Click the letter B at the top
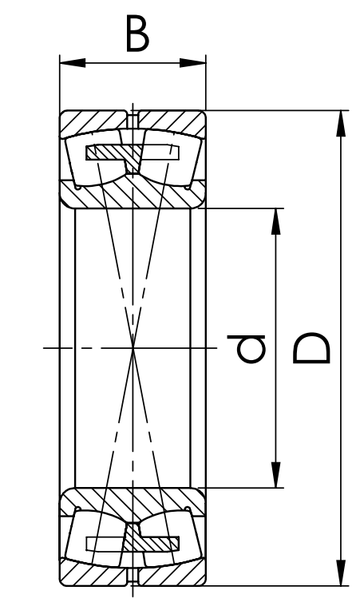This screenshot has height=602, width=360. pos(137,34)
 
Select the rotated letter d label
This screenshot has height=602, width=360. pos(246,349)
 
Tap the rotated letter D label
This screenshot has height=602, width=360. pos(311,348)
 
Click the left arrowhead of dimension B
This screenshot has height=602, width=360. pos(73,62)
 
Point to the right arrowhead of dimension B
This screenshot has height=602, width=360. pos(193,62)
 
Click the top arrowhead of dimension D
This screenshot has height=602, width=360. pos(340,123)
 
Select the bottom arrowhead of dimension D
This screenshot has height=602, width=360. pos(340,572)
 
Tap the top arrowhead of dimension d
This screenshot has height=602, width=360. pos(276,221)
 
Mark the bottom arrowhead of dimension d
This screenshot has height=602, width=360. pos(276,475)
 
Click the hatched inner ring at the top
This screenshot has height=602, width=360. pos(133,193)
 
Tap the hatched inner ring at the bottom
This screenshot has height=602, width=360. pos(133,503)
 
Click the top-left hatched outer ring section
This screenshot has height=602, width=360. pos(91,121)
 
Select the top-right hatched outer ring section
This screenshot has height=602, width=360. pos(173,121)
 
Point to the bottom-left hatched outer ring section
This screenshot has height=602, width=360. pos(91,575)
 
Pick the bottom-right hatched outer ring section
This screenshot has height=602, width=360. pos(173,575)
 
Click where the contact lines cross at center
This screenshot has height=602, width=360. pos(133,348)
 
